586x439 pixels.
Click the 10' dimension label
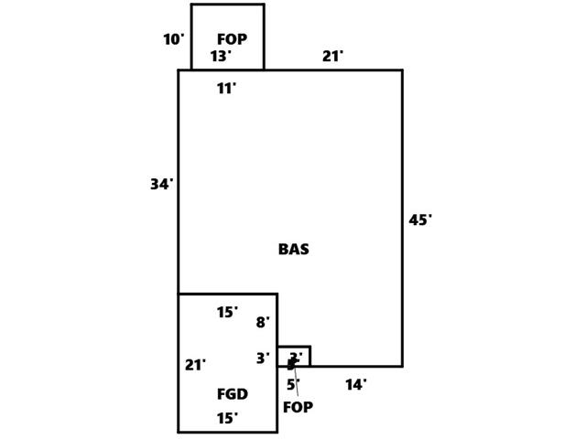tap(173, 39)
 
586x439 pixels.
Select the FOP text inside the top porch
tap(232, 39)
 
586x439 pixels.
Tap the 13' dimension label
tap(220, 57)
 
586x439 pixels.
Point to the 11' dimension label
tap(226, 89)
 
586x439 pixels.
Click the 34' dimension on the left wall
tap(161, 185)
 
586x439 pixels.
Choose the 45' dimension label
tap(419, 220)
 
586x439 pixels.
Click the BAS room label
tap(293, 249)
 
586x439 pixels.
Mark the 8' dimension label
tap(263, 323)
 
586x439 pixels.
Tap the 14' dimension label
tap(355, 385)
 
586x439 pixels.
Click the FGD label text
tap(232, 394)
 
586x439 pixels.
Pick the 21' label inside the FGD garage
tap(195, 365)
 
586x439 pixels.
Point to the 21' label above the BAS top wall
tap(332, 57)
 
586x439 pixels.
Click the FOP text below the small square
tap(298, 408)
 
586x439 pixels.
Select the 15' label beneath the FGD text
tap(227, 419)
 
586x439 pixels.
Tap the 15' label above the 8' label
tap(227, 313)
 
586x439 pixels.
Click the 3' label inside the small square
tap(296, 358)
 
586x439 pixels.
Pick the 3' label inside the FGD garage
tap(263, 359)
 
